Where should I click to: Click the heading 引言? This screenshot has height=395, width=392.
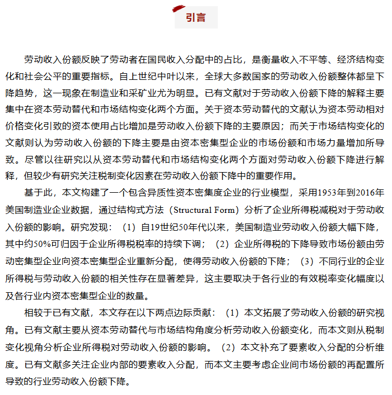click(x=195, y=17)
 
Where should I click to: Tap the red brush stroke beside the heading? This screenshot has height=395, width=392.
click(x=179, y=9)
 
